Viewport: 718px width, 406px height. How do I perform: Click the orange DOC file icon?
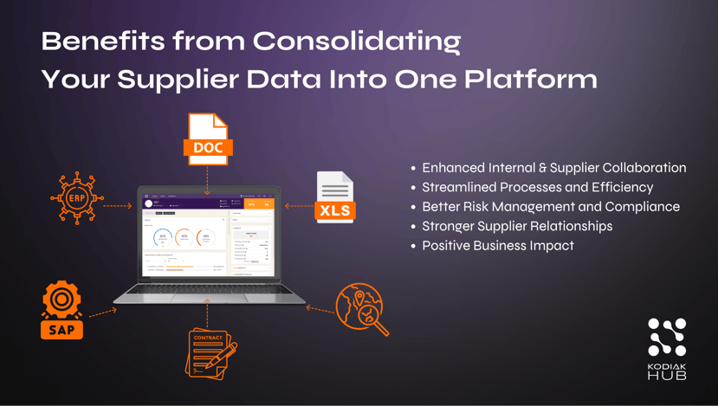pos(208,139)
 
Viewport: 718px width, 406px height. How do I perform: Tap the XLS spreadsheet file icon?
pos(335,198)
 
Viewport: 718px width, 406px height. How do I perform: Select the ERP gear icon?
pos(76,198)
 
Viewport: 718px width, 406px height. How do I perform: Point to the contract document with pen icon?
pos(210,351)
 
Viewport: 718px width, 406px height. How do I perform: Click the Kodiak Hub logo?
pos(667,348)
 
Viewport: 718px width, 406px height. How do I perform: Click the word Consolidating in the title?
pos(357,41)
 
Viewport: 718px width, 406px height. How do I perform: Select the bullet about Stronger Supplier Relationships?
pos(517,226)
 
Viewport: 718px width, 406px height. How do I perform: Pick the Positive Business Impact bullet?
pos(498,246)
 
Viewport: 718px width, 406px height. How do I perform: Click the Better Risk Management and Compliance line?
pos(550,207)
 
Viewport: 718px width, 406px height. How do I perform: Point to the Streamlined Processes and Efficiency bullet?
pos(537,187)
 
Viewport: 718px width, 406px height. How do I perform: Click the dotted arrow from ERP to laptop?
pos(118,206)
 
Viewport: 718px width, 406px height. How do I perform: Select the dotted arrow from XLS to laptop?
pos(299,206)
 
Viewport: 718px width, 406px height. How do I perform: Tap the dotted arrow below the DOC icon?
pos(208,180)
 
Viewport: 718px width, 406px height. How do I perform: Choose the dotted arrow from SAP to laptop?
pos(102,312)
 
